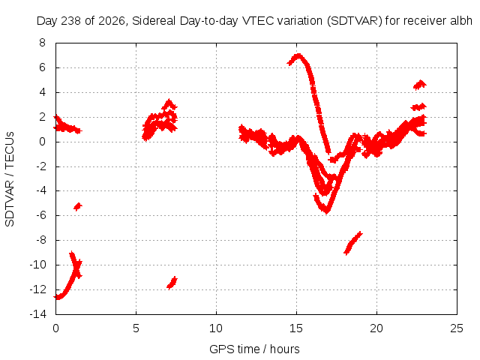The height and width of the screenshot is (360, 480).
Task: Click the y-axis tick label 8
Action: (x=42, y=43)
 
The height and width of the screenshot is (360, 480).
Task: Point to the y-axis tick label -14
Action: (x=38, y=314)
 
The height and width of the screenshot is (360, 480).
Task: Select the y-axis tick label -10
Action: (x=38, y=265)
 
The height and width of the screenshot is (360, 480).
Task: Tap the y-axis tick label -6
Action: (x=40, y=215)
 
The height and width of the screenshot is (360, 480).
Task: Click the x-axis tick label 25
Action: (x=457, y=328)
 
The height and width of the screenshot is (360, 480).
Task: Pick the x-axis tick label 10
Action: (x=216, y=328)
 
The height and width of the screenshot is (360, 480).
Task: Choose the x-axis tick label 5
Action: (x=136, y=328)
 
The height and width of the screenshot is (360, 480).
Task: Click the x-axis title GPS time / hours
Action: (x=254, y=349)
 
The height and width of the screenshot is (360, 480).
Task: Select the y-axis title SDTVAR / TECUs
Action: (x=10, y=179)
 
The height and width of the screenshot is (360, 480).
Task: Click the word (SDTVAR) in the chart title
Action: (x=355, y=21)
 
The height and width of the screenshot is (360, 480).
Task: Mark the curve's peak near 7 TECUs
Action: (x=298, y=56)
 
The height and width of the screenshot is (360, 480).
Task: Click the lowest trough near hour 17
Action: (x=327, y=211)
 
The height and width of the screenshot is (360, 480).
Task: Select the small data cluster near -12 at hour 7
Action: (x=172, y=283)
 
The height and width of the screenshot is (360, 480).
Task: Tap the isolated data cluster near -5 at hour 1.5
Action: (x=78, y=207)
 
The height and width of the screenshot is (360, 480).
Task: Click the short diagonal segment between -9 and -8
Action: (x=353, y=243)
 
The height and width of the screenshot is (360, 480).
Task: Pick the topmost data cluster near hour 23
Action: (x=420, y=85)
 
